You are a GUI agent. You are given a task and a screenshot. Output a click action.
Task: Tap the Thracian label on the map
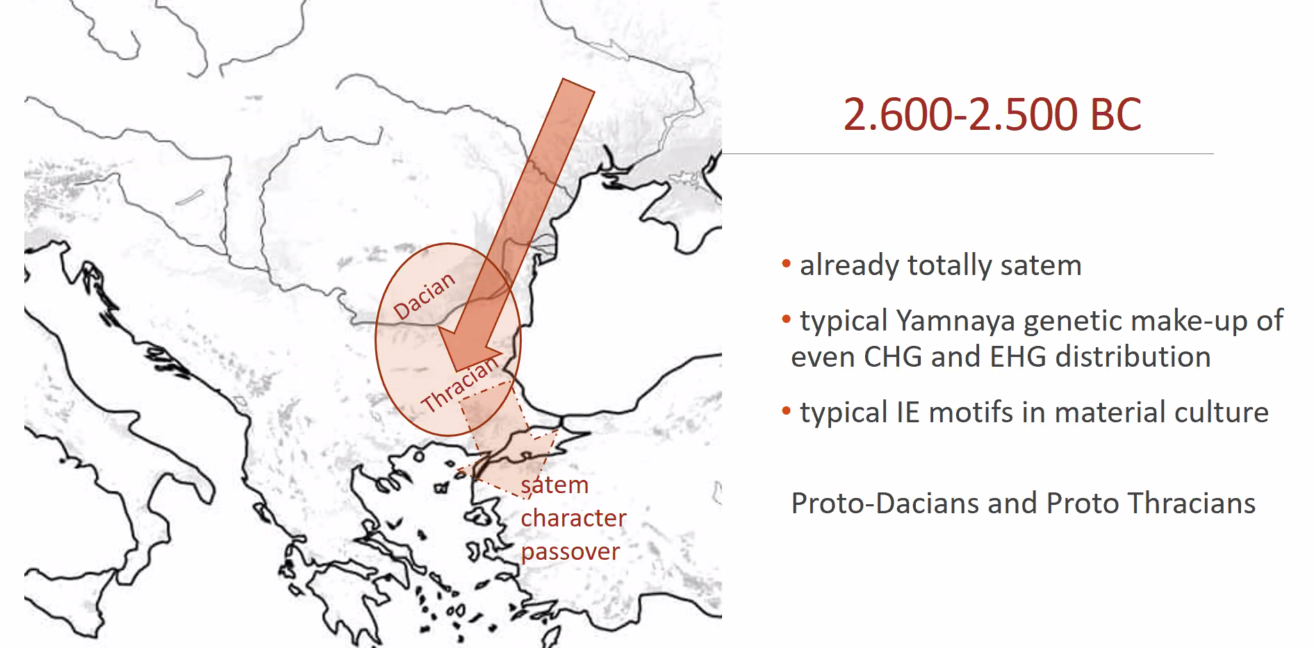[460, 384]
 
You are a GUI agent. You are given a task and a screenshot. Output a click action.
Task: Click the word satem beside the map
[555, 485]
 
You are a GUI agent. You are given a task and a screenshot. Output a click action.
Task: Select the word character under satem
[573, 518]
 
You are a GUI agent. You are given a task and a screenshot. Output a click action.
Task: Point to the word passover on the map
[570, 552]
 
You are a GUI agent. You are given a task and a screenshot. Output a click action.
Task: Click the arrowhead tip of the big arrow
[456, 369]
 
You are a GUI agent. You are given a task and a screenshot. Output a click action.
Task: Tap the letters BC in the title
[1116, 115]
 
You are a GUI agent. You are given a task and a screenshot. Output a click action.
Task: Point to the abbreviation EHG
[1018, 357]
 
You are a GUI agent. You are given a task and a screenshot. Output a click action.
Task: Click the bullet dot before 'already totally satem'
[786, 263]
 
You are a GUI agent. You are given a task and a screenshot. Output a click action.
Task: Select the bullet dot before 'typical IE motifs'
[786, 410]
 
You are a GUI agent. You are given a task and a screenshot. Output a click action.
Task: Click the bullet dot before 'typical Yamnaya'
[786, 319]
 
